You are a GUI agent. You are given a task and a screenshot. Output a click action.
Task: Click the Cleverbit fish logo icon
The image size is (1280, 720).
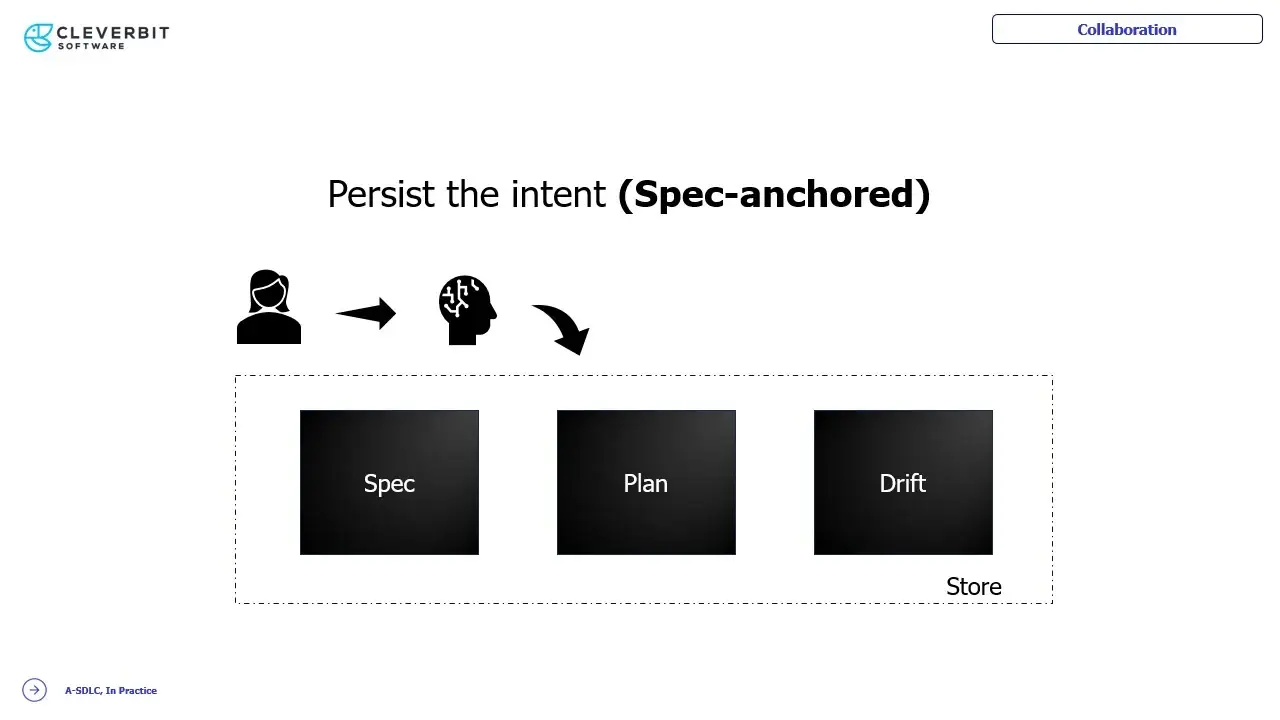pos(38,38)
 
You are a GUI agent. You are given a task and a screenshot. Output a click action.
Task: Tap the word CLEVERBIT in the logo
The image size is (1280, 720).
pos(113,33)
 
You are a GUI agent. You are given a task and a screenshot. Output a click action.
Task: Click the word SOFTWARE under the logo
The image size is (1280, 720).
pos(91,46)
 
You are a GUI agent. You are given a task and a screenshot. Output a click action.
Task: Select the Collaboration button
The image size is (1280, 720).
pos(1127,29)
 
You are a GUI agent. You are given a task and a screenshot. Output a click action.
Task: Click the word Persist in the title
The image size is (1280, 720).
pos(381,194)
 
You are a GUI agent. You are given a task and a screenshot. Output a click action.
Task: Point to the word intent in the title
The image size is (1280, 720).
pos(558,194)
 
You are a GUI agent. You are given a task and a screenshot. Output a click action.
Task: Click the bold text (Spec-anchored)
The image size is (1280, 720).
pos(774,194)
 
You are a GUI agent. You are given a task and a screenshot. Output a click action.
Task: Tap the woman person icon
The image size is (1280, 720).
pos(269,307)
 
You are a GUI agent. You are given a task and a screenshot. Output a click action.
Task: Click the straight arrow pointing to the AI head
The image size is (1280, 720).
pos(366,313)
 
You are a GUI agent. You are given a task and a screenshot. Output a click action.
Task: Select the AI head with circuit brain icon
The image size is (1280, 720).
pos(467,310)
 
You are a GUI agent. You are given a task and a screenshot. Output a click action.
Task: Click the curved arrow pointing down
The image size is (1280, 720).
pos(563,327)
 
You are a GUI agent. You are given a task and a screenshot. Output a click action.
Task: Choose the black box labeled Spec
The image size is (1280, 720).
pos(389,482)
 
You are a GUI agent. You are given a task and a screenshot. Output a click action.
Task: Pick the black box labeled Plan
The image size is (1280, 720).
pos(646,482)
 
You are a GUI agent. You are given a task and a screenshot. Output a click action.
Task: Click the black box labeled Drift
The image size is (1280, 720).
pos(903,482)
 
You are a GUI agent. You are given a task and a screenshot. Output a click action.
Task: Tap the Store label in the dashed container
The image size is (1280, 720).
pos(974,587)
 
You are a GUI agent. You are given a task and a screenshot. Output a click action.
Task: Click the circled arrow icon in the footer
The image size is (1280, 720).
pos(34,690)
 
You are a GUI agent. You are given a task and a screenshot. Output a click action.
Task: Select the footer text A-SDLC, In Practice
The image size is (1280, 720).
pos(111,690)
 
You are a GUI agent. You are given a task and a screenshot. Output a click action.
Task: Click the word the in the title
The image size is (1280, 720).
pos(473,194)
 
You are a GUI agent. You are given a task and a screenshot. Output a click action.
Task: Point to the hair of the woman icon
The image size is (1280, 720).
pos(269,283)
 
